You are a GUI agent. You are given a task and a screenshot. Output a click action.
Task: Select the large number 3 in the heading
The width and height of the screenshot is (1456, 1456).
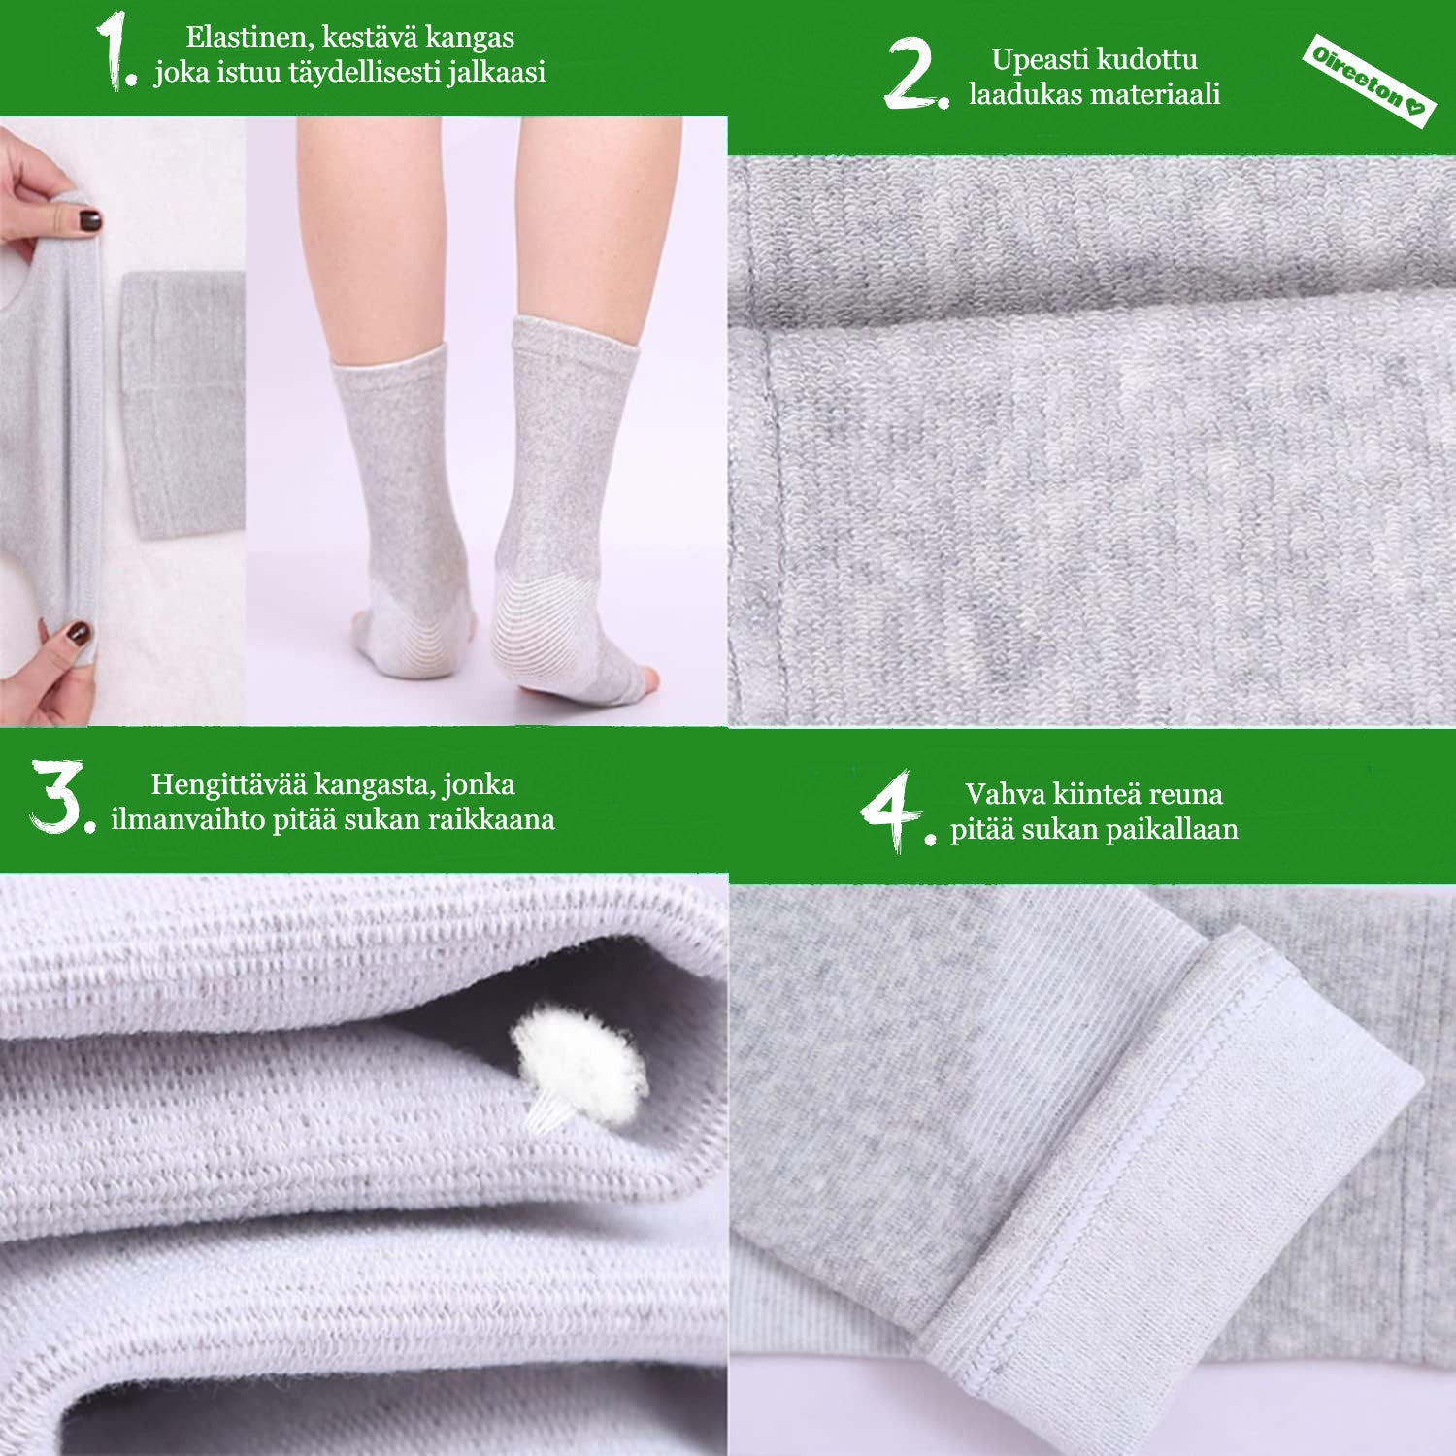(61, 798)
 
